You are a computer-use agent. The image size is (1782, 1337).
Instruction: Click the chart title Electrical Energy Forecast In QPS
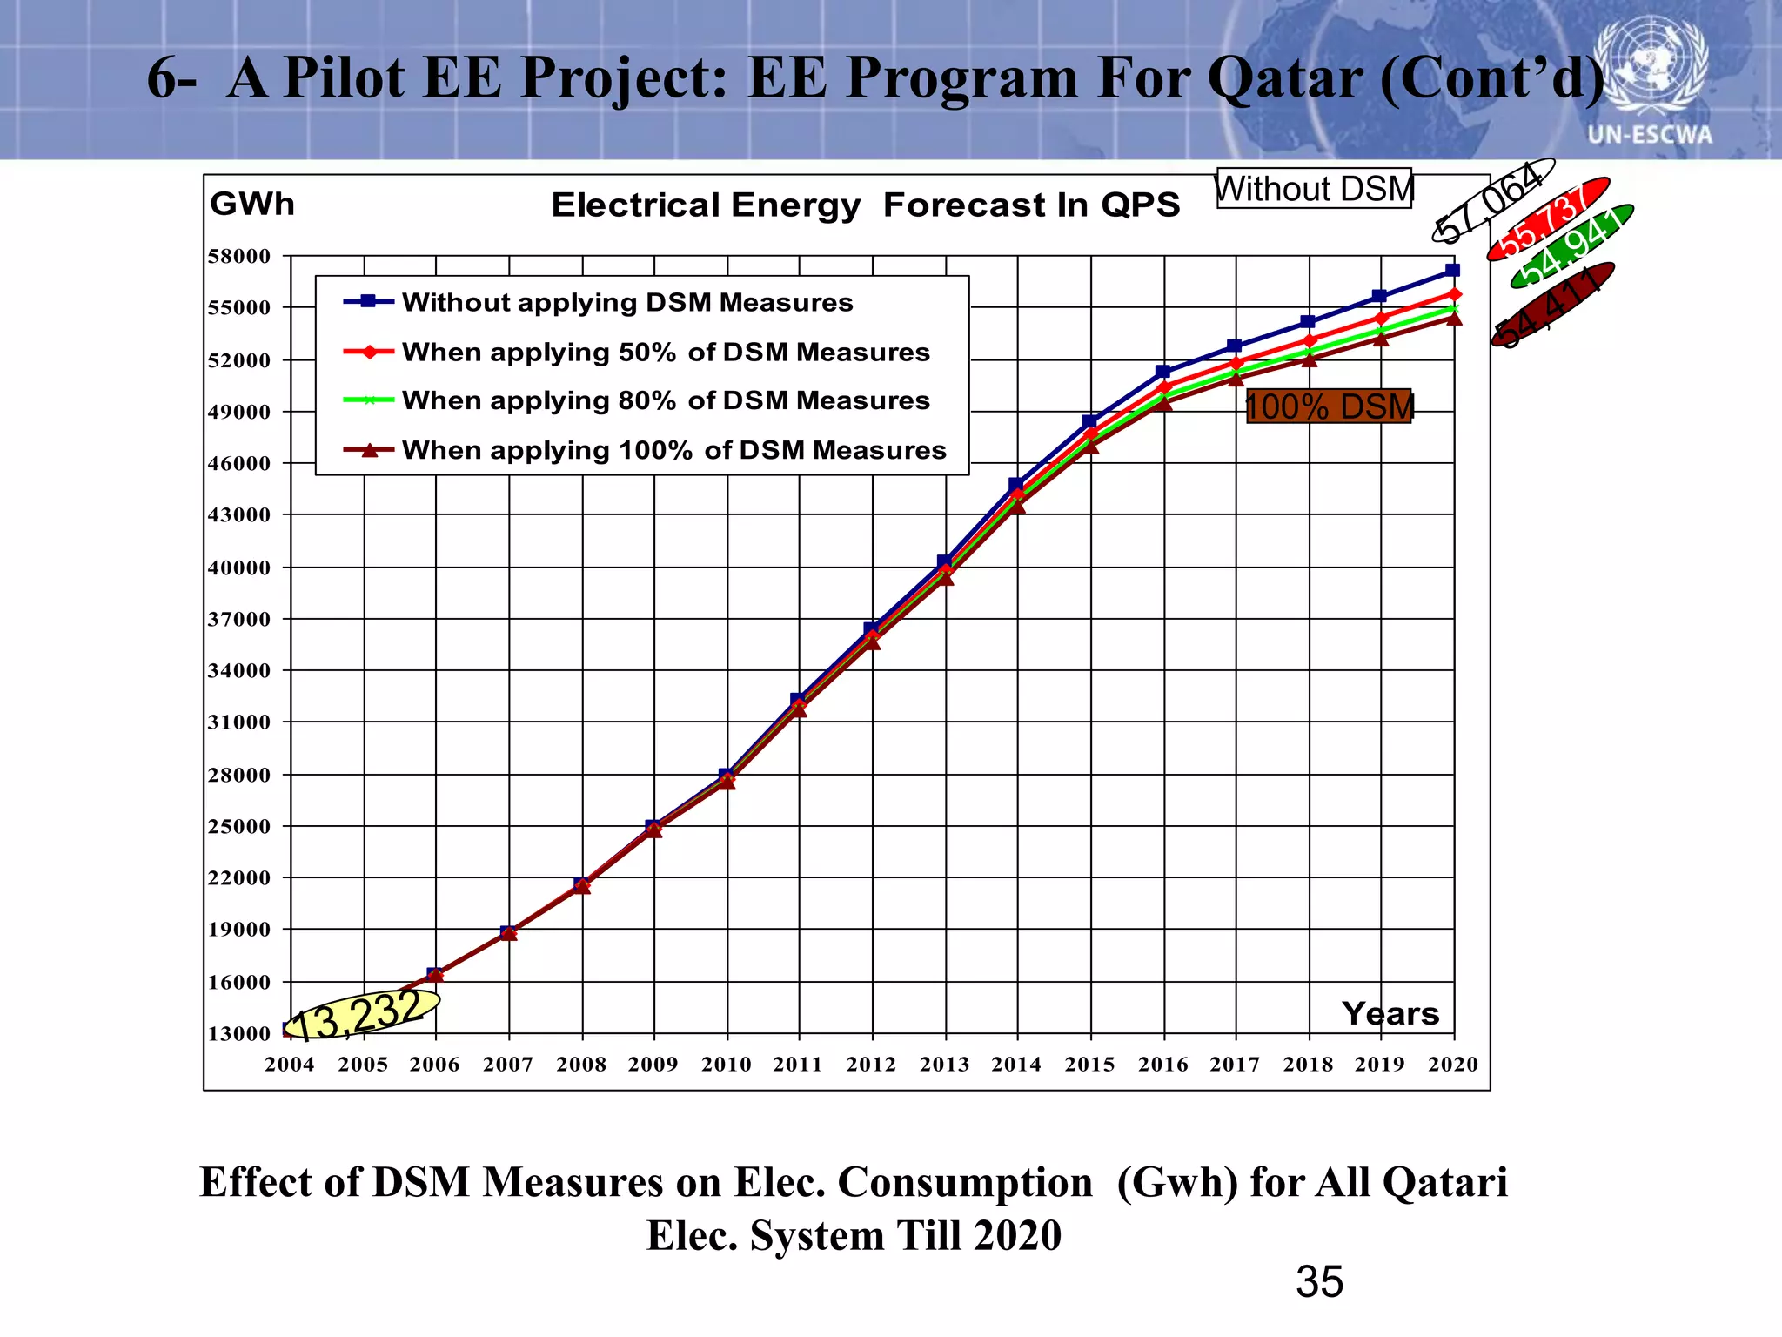(x=865, y=205)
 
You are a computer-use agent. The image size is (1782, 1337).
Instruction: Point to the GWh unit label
(x=252, y=204)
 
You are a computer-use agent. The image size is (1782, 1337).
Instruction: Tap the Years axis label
(x=1390, y=1013)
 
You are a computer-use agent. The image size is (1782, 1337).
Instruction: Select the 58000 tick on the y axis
(x=239, y=256)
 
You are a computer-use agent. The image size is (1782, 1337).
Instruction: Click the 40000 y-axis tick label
(x=239, y=568)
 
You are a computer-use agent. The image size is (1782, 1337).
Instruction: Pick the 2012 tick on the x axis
(x=871, y=1064)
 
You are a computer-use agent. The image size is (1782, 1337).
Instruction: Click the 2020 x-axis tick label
(x=1452, y=1064)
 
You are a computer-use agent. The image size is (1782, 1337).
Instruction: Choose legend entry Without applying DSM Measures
(x=626, y=302)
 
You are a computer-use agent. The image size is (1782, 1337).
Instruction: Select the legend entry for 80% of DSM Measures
(x=666, y=400)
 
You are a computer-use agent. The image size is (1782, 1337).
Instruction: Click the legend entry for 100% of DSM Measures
(x=673, y=450)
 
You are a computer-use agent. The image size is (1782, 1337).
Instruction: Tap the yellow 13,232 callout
(x=362, y=1015)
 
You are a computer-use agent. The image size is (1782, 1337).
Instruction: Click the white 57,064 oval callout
(x=1492, y=201)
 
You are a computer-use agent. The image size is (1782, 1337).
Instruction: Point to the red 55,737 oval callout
(x=1548, y=219)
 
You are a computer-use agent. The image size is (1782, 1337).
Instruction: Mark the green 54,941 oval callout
(x=1571, y=246)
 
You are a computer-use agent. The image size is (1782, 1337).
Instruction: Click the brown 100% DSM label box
(x=1329, y=406)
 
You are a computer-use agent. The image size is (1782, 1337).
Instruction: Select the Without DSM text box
(x=1314, y=189)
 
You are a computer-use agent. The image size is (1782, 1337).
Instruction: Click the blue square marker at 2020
(x=1452, y=271)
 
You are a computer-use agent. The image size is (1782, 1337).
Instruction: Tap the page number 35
(x=1319, y=1281)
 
